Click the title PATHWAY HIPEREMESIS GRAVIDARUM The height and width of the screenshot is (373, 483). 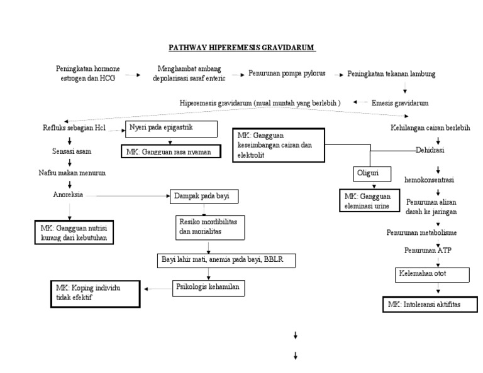(241, 48)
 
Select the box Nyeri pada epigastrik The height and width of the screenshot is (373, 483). (171, 129)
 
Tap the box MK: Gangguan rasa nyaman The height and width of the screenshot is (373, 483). (171, 152)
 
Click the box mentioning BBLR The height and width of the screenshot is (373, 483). (226, 259)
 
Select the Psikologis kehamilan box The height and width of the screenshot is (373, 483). (208, 288)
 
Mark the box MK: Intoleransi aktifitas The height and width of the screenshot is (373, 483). (426, 305)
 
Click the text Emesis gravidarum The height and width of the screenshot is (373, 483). (400, 102)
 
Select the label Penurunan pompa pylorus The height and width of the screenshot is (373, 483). (286, 74)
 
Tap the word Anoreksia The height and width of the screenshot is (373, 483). (69, 195)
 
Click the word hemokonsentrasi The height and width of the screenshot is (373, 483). (430, 180)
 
